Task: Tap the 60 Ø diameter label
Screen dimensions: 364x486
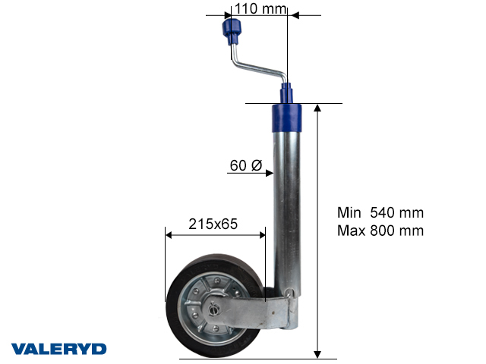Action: point(245,165)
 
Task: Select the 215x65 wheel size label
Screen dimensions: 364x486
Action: point(213,224)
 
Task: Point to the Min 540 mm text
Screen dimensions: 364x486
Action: point(380,213)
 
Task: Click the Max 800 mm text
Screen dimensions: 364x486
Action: point(380,231)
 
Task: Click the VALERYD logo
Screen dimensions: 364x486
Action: point(58,349)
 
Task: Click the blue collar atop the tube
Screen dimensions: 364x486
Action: point(287,116)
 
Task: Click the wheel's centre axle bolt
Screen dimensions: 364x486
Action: point(215,309)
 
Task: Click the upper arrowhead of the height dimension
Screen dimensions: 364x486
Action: point(318,108)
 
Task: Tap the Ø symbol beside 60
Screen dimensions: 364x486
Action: point(257,165)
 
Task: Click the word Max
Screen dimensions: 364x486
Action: point(350,231)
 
